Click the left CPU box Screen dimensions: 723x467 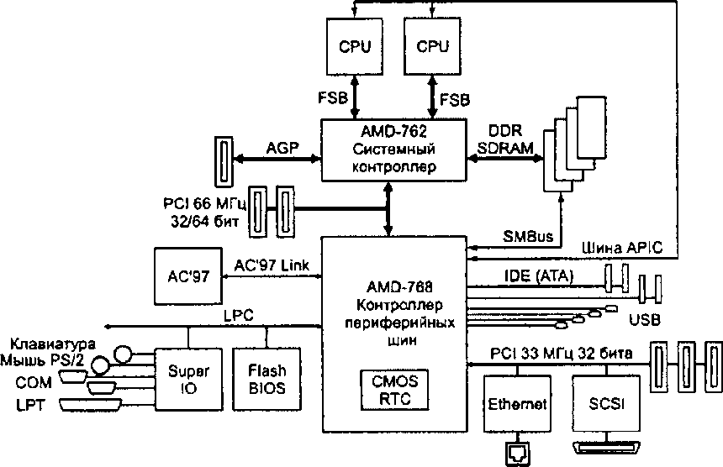(355, 46)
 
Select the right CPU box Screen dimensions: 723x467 (432, 46)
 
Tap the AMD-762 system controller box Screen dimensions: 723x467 (393, 150)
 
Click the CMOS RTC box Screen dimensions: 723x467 (394, 390)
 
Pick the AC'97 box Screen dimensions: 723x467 (188, 276)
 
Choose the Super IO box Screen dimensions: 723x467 (188, 379)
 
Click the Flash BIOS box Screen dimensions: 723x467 (267, 379)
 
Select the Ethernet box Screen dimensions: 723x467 (517, 404)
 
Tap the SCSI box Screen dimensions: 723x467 (606, 404)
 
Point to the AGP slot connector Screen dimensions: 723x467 (224, 161)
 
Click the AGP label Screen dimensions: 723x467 (282, 148)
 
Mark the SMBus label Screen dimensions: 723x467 (528, 237)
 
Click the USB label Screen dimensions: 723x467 (645, 320)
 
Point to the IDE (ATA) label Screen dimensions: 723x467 (539, 275)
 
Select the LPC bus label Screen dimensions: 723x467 (239, 316)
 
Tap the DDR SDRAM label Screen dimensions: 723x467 (505, 139)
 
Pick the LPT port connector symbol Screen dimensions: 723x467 (91, 405)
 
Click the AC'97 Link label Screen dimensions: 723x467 (272, 265)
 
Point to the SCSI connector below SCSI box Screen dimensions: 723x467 (606, 447)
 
